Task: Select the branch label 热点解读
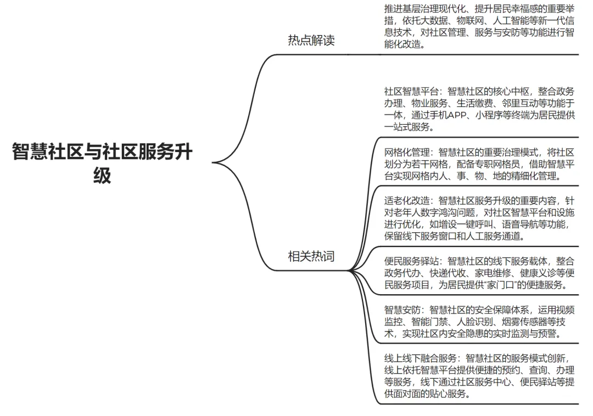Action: (311, 41)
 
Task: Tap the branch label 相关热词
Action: (311, 256)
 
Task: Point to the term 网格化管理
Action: (406, 152)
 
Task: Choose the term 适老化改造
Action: (406, 200)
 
